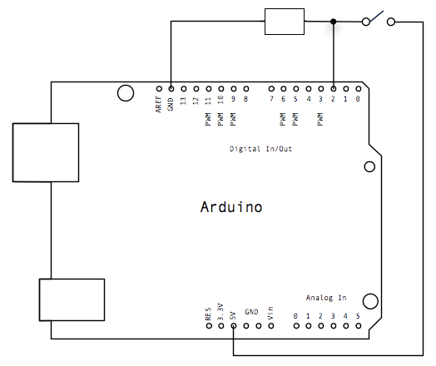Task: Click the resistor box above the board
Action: tap(285, 22)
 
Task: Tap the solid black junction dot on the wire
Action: tap(334, 22)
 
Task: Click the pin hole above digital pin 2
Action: tap(334, 89)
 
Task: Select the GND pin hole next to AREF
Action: tap(171, 89)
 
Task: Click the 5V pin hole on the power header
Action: tap(234, 326)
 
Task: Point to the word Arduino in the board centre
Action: tap(231, 207)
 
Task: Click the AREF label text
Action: tap(158, 104)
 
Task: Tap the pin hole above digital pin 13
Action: tap(184, 89)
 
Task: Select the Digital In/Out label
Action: tap(260, 149)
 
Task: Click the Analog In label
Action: tap(326, 298)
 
